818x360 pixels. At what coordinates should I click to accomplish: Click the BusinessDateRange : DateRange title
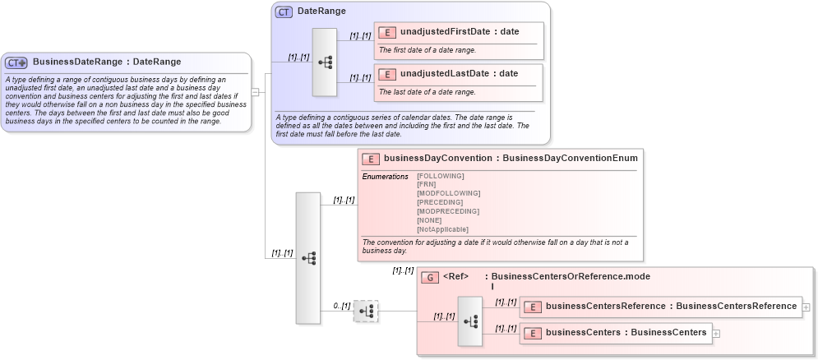point(107,62)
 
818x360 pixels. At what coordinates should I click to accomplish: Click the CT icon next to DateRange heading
point(284,12)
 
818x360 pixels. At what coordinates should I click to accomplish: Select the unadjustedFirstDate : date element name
point(460,32)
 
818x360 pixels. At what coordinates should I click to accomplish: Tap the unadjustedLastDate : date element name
point(459,73)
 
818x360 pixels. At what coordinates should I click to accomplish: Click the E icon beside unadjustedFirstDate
point(387,33)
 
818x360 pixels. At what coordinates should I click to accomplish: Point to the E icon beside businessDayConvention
point(371,159)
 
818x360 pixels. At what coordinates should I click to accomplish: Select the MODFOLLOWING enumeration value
point(448,193)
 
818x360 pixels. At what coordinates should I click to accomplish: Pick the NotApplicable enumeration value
point(442,229)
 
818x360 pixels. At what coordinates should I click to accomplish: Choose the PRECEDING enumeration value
point(440,202)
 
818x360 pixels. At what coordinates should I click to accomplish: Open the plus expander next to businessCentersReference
point(806,307)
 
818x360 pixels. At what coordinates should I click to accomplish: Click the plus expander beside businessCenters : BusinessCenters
point(716,334)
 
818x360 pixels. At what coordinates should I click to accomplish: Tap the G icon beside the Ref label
point(430,278)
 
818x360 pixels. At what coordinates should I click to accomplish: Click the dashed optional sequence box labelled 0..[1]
point(366,311)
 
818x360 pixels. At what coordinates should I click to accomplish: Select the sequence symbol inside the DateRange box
point(325,62)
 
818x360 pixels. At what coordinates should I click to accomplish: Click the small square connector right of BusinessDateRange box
point(255,92)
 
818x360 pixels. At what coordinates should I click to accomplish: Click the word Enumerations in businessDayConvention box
point(385,177)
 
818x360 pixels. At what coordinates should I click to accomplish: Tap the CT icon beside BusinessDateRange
point(16,62)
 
